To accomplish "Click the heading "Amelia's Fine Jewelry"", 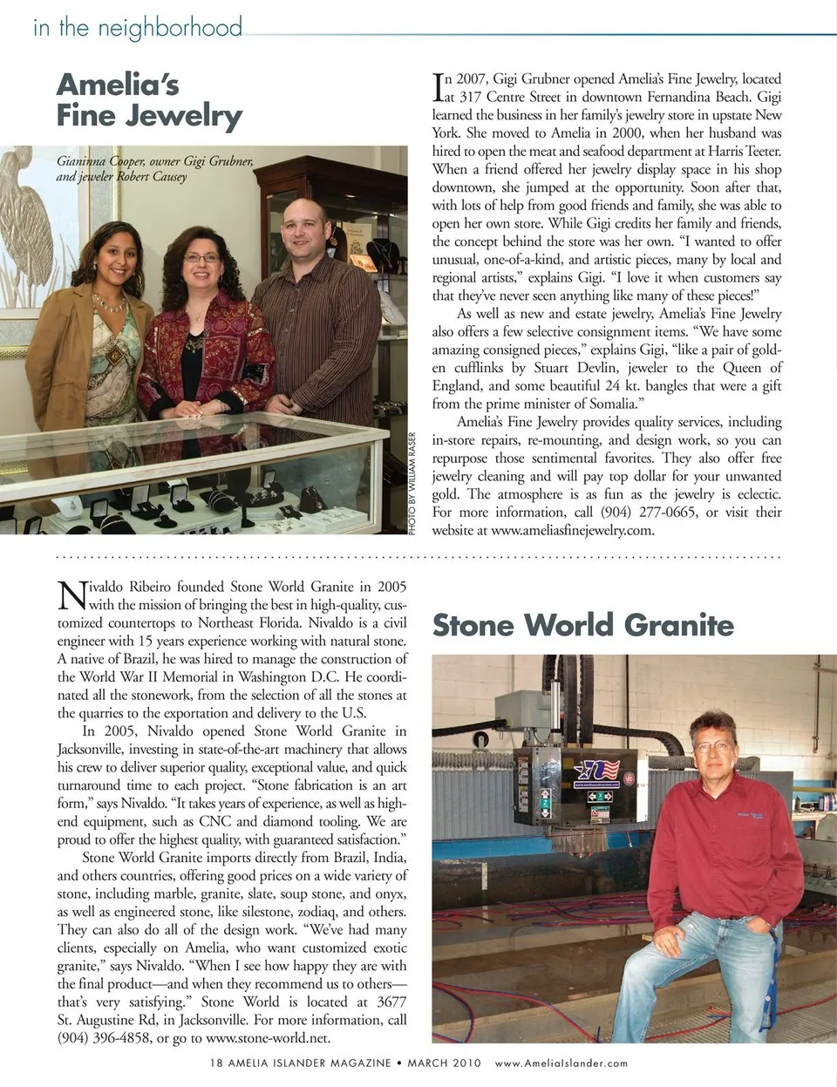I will point(148,100).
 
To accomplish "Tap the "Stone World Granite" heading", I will point(582,625).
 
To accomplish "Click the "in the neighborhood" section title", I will point(137,28).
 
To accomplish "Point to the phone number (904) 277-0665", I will point(646,513).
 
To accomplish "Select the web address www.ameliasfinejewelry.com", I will point(572,531).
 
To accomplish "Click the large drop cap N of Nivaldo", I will point(71,595).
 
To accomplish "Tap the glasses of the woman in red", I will point(202,258).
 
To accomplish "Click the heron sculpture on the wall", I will point(26,218).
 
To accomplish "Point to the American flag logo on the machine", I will point(600,771).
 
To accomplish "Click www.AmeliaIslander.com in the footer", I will point(561,1063).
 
